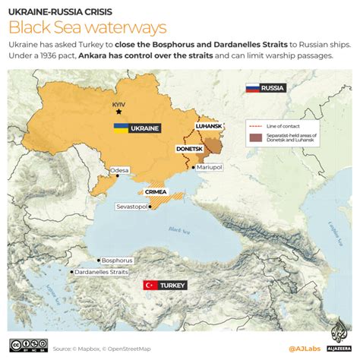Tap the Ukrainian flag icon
coord(121,128)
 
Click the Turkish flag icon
coord(150,285)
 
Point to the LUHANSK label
coord(210,128)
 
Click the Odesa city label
coord(120,171)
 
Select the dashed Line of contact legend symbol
coord(255,124)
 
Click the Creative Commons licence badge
coord(27,348)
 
